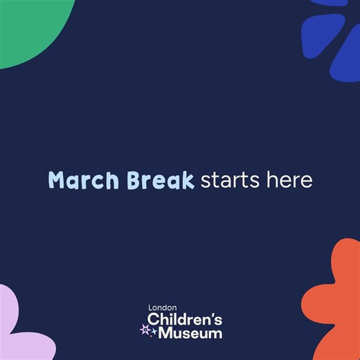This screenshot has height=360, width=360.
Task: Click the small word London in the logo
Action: point(163,308)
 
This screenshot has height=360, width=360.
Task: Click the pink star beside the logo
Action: point(145,329)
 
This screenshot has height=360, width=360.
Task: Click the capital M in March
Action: point(57,180)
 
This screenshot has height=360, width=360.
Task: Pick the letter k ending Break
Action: point(187,180)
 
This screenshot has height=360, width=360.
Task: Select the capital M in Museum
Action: point(167,333)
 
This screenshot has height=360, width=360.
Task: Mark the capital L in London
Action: point(150,308)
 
